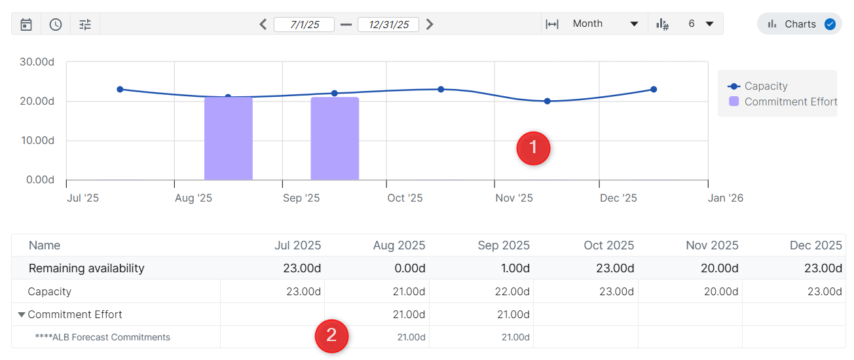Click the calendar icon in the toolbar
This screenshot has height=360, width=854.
click(26, 24)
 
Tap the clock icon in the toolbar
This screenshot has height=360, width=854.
click(56, 24)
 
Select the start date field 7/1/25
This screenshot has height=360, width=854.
click(304, 24)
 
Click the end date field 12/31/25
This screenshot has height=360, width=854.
click(388, 24)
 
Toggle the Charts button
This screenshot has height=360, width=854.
click(800, 24)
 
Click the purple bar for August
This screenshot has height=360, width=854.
click(229, 138)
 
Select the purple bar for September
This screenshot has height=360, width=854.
click(335, 138)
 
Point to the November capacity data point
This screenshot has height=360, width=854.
click(548, 101)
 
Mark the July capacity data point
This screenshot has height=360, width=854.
click(120, 89)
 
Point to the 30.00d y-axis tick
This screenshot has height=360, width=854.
click(37, 62)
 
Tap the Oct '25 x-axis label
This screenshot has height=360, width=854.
click(405, 198)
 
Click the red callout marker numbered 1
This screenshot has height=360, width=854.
click(533, 148)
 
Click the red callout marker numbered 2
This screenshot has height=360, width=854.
click(331, 336)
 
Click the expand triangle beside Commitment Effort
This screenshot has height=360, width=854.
click(22, 315)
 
